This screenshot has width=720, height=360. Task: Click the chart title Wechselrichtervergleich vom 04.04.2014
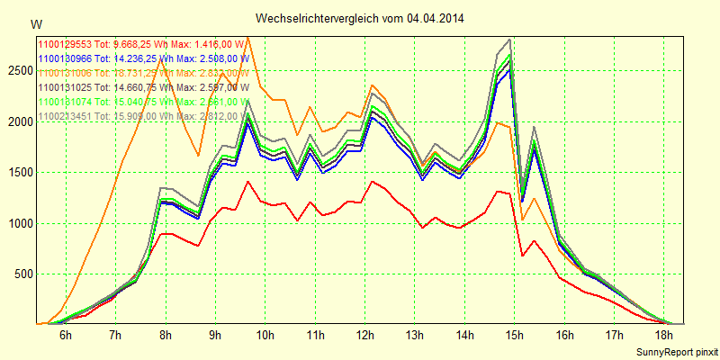(x=360, y=18)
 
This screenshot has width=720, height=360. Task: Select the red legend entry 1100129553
(x=143, y=44)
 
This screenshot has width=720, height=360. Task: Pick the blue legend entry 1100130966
(x=143, y=58)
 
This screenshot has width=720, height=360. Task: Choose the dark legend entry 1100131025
(x=143, y=87)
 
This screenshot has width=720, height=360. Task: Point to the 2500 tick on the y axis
(x=18, y=70)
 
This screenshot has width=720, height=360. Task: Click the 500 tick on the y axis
(x=21, y=274)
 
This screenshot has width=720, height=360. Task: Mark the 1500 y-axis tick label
(x=18, y=172)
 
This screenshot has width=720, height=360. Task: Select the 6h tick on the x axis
(x=65, y=335)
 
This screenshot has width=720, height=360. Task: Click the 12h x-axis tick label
(x=364, y=335)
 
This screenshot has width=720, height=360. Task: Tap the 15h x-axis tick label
(x=515, y=335)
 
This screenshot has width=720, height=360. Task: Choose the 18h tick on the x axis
(x=664, y=335)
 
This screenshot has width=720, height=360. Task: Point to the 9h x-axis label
(x=215, y=335)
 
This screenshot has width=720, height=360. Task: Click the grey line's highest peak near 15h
(x=510, y=40)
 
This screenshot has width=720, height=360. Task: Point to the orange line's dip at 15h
(x=523, y=220)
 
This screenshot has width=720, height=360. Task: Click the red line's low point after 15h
(x=523, y=256)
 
